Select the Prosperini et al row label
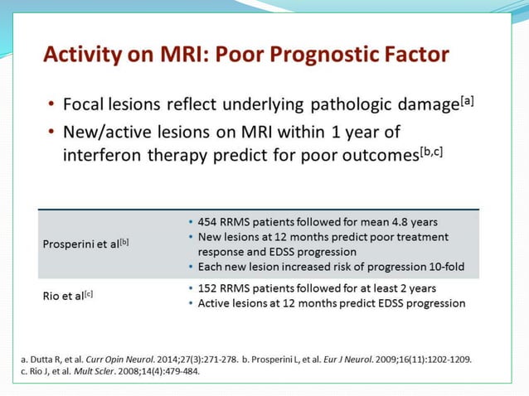tap(81, 244)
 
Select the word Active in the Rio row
tap(215, 303)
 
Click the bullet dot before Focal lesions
tap(51, 105)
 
